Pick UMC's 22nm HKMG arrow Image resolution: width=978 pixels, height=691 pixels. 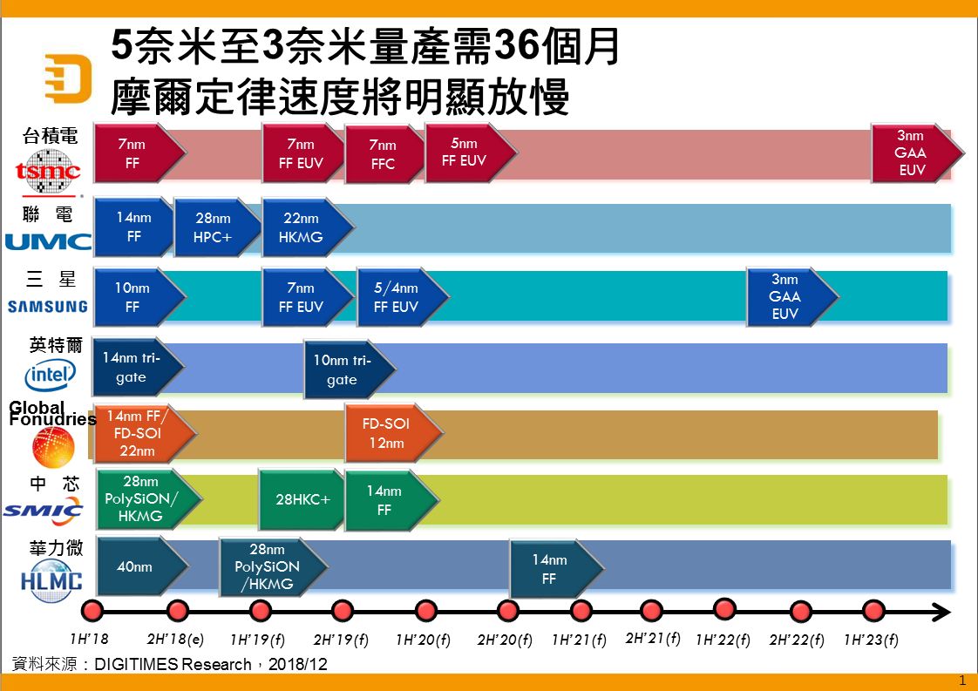(x=308, y=227)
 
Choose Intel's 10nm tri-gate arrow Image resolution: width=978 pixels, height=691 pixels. (x=350, y=369)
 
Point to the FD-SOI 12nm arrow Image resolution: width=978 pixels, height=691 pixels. (x=394, y=433)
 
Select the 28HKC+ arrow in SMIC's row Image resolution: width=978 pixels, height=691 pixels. (x=302, y=499)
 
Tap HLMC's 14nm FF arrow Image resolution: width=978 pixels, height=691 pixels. (x=557, y=569)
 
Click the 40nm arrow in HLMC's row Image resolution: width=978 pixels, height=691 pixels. (x=143, y=566)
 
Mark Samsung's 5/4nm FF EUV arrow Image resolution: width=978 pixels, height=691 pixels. (x=403, y=297)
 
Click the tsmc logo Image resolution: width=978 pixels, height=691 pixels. (x=48, y=170)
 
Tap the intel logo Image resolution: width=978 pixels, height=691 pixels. (x=51, y=376)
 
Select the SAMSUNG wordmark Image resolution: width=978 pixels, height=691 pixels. (x=47, y=306)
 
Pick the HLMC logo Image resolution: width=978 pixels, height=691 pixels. (x=51, y=580)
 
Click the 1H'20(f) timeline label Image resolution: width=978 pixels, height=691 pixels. (x=423, y=640)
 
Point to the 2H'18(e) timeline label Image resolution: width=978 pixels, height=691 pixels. (x=175, y=640)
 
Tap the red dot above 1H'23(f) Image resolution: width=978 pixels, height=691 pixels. (x=873, y=611)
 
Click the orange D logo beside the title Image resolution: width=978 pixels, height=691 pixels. (x=69, y=78)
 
